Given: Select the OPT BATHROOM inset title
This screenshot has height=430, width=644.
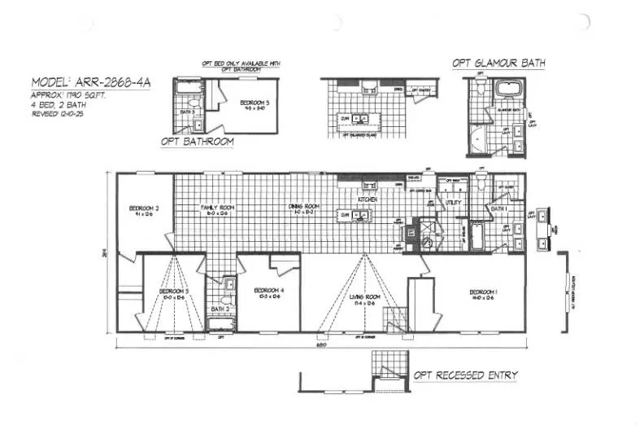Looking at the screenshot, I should click(198, 142).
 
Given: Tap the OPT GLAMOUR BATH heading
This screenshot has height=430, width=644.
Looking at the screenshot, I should click(499, 64).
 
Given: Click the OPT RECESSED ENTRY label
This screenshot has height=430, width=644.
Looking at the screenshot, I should click(466, 375).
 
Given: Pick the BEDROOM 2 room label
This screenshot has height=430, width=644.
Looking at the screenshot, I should click(144, 211).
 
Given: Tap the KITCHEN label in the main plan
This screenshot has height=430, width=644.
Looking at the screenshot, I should click(368, 200).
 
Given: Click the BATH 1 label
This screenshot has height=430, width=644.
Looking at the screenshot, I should click(499, 208).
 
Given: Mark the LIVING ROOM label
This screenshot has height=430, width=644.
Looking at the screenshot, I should click(365, 299).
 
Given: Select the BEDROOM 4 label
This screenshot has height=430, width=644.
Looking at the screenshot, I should click(268, 292).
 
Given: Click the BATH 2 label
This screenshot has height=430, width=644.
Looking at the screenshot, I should click(220, 309).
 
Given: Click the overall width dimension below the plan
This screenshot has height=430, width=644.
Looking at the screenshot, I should click(324, 344).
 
